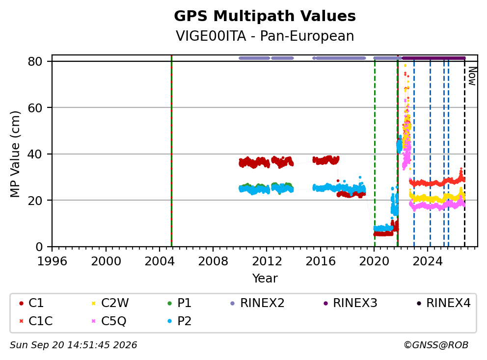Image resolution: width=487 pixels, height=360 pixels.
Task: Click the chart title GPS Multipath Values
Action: click(265, 16)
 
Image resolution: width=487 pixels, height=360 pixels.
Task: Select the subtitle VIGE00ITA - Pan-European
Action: click(265, 36)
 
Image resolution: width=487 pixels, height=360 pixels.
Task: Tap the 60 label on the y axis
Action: click(35, 108)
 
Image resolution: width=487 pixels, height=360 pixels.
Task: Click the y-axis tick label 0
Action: click(39, 247)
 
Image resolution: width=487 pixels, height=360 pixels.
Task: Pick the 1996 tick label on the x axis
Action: click(52, 261)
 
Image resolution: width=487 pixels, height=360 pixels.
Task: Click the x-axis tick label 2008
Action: click(213, 261)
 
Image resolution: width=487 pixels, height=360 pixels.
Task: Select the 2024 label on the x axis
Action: click(428, 261)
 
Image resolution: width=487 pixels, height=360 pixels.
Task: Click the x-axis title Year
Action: click(265, 279)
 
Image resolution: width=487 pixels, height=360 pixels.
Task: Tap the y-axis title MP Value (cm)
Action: click(15, 154)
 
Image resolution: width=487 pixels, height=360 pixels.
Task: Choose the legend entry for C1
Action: click(31, 303)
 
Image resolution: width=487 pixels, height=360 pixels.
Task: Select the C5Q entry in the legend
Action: click(108, 321)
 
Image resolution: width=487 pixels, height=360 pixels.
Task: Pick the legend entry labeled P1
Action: click(180, 303)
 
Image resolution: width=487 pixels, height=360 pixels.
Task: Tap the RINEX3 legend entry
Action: click(351, 303)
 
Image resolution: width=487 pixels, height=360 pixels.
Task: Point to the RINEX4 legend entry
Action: click(443, 303)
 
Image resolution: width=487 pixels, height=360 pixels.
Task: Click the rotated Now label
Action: click(472, 77)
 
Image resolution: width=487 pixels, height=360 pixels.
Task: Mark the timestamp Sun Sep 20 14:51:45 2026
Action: click(73, 345)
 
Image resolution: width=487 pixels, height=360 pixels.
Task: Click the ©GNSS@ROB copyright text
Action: click(436, 345)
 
